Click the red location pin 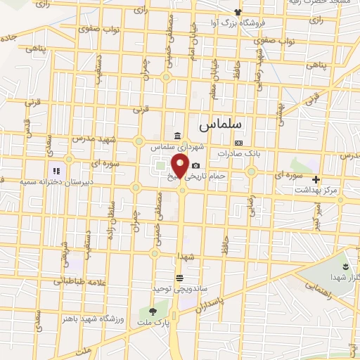coord(179,167)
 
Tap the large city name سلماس coord(220,124)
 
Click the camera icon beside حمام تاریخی coord(195,165)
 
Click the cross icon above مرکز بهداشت coord(316,179)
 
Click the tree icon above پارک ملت coord(153,311)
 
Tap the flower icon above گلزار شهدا coord(345,265)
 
